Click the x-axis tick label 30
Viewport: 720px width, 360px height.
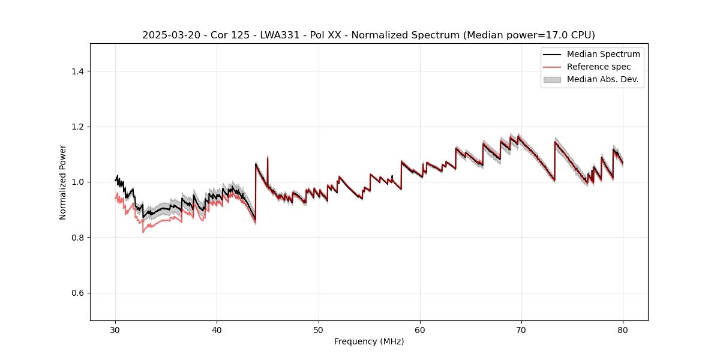coord(116,330)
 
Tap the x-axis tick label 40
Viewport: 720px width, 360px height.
coord(217,330)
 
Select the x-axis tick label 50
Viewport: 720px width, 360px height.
coord(319,330)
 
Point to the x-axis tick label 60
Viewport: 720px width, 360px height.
coord(420,330)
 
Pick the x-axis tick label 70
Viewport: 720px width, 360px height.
coord(521,330)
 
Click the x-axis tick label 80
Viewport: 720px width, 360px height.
coord(623,330)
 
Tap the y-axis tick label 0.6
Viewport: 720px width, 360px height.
coord(77,293)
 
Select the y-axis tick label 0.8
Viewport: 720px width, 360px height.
coord(77,238)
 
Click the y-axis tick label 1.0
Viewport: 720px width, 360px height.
coord(77,182)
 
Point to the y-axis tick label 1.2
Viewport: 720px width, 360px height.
coord(77,127)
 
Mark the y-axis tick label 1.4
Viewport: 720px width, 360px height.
coord(77,71)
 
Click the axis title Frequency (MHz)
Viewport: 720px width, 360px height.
coord(369,342)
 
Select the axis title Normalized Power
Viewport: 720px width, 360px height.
coord(63,182)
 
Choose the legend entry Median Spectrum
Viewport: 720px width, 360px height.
coord(603,54)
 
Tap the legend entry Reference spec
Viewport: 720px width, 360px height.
coord(599,67)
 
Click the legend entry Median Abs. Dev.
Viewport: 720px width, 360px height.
coord(602,79)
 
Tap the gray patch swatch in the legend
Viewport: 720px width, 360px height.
coord(552,79)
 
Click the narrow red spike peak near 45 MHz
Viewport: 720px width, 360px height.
coord(268,157)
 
